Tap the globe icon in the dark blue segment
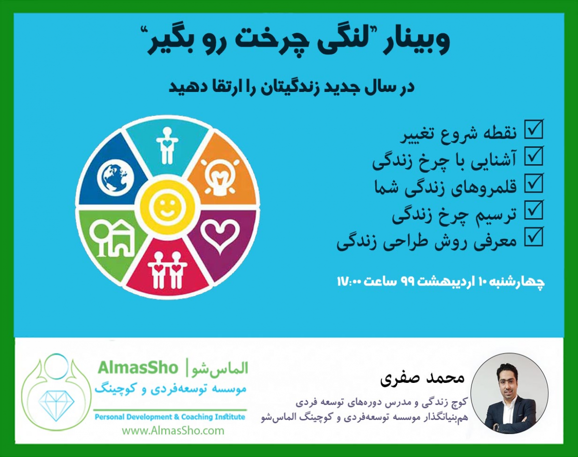[114, 177]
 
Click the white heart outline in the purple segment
[220, 235]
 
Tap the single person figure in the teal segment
[166, 145]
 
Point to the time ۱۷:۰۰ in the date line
[351, 281]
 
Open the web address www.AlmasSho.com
[173, 431]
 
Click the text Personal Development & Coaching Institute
[170, 417]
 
